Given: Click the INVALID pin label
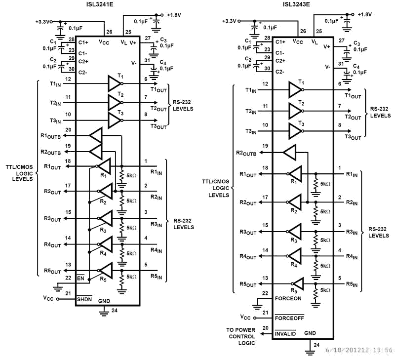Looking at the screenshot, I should (285, 334).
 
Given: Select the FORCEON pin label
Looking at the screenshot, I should (288, 298).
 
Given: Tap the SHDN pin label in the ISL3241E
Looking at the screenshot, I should (84, 300).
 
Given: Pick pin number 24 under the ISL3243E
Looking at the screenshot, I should (316, 344).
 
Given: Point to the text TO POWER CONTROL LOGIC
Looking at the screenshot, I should (241, 336).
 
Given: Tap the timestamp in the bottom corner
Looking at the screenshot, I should (359, 350).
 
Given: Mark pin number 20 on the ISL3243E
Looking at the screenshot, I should (265, 327).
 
